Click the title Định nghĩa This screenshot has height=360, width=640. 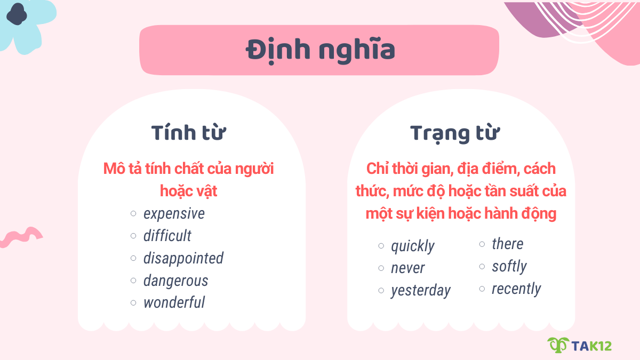pos(320,50)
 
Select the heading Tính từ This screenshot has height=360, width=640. pos(188,133)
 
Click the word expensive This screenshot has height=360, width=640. pos(174,214)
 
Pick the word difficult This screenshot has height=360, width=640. pos(167,236)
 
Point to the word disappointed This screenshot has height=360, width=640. pos(183,259)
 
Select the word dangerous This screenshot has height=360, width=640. pos(175,281)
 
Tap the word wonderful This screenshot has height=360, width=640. pos(174,303)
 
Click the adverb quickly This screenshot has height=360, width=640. pos(412,246)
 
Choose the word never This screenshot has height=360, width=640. pos(407,268)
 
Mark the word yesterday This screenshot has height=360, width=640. pos(420,291)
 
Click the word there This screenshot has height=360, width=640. pos(507,244)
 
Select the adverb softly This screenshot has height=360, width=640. pos(509,266)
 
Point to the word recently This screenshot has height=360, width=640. pos(516,289)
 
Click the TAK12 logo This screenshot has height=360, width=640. pos(580,345)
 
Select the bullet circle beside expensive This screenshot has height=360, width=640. pos(133,214)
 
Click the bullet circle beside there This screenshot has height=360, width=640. pos(482,244)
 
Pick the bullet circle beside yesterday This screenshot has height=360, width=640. pos(381,291)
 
